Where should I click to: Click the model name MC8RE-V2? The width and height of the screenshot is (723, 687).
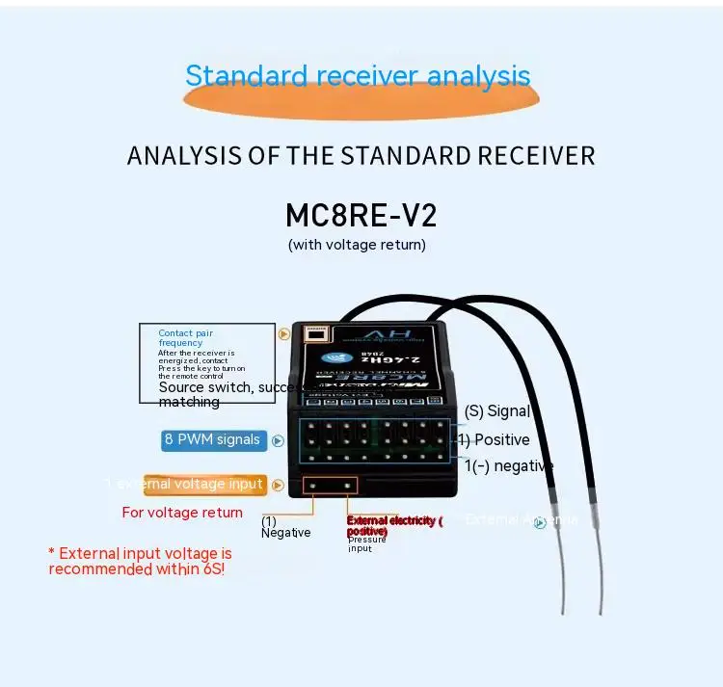(361, 214)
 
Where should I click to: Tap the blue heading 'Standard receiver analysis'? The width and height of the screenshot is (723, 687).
(358, 75)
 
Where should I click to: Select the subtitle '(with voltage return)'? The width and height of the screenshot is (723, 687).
(357, 245)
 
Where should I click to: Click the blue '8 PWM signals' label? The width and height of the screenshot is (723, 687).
(212, 440)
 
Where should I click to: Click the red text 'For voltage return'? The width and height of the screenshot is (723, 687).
(182, 513)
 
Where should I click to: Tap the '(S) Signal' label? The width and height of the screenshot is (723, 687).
(497, 411)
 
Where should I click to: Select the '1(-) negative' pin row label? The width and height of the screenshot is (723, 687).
(509, 466)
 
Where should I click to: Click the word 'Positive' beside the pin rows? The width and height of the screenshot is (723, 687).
(500, 440)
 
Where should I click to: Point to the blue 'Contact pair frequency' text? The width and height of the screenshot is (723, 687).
(186, 337)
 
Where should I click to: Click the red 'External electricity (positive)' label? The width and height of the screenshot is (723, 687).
(393, 525)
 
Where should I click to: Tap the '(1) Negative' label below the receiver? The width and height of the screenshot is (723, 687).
(285, 527)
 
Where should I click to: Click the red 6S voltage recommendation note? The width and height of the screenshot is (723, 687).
(140, 561)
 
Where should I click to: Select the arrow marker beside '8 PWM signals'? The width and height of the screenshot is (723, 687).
(278, 440)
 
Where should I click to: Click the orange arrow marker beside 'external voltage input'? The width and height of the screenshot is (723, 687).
(279, 485)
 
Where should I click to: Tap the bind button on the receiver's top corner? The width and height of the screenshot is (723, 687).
(315, 334)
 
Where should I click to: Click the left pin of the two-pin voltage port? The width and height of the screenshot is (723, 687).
(314, 486)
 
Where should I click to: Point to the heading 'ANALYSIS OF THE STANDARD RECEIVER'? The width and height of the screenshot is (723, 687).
(361, 155)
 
